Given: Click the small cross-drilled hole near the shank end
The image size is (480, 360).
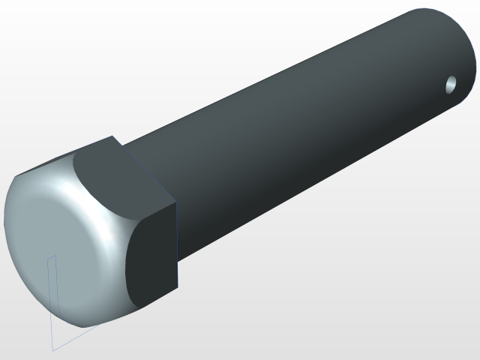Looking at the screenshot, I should [x=451, y=85].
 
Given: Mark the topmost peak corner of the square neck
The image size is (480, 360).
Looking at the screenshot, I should [x=113, y=136].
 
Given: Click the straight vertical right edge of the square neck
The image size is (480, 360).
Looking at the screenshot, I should [x=177, y=247].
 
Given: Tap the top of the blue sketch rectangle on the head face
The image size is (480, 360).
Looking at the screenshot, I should [x=52, y=257].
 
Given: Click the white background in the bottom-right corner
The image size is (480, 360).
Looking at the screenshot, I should [x=450, y=337].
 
